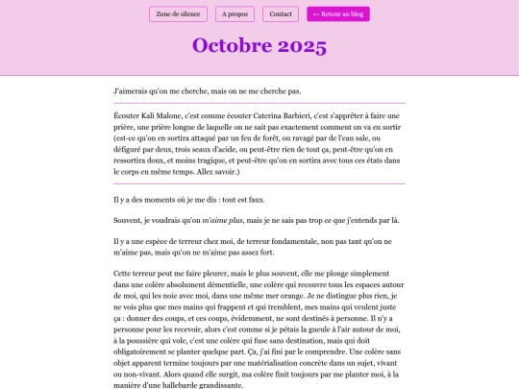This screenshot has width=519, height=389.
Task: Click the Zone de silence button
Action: click(179, 14)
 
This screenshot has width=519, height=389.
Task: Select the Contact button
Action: click(281, 14)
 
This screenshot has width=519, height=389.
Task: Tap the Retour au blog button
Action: click(338, 14)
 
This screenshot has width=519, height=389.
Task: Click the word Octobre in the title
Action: click(232, 46)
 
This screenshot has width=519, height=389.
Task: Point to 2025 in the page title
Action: click(302, 46)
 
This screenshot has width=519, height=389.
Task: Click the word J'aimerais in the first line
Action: click(131, 91)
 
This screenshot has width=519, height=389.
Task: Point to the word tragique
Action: click(217, 162)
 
